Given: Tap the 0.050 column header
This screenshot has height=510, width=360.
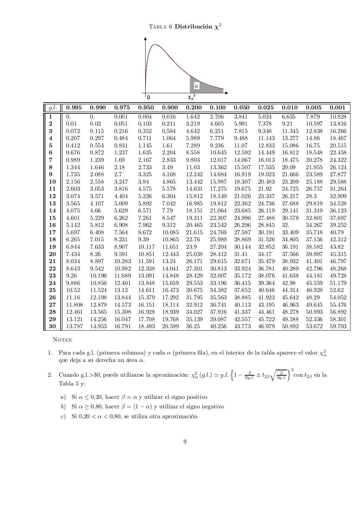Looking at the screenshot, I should tap(242, 108).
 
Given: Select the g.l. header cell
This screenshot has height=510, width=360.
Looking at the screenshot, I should tap(52, 108).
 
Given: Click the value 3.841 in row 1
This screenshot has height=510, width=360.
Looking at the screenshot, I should tap(240, 117).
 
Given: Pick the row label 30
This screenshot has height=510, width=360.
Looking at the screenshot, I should tap(52, 326).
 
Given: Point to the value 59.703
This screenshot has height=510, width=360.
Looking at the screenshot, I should tap(337, 326).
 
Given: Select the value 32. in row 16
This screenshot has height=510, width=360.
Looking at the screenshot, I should tap(285, 225).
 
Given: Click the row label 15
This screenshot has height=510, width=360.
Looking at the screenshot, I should tap(52, 218).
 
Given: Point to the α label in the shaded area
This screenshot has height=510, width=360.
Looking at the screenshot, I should tap(196, 85).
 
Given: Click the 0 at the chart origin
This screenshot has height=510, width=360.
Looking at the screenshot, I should tap(148, 97).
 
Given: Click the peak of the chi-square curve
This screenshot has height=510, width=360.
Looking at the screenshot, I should tap(156, 45).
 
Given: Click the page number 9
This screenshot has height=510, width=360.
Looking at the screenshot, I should tap(185, 442).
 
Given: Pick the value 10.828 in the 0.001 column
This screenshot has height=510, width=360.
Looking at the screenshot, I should tap(337, 117).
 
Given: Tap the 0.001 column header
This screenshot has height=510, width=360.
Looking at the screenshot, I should tap(337, 108).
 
